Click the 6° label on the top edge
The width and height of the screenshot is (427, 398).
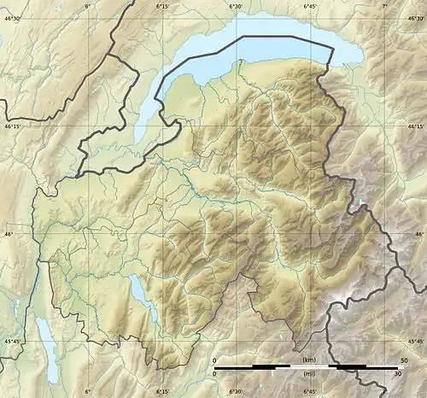[86, 6]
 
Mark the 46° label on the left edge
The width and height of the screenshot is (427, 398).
[6, 234]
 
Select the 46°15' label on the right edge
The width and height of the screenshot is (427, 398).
[416, 126]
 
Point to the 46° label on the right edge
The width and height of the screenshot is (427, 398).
[419, 234]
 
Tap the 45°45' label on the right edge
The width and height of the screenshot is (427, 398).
[416, 342]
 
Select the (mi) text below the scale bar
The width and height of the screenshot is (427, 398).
[307, 374]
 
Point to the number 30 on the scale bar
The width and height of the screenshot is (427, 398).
[397, 374]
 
